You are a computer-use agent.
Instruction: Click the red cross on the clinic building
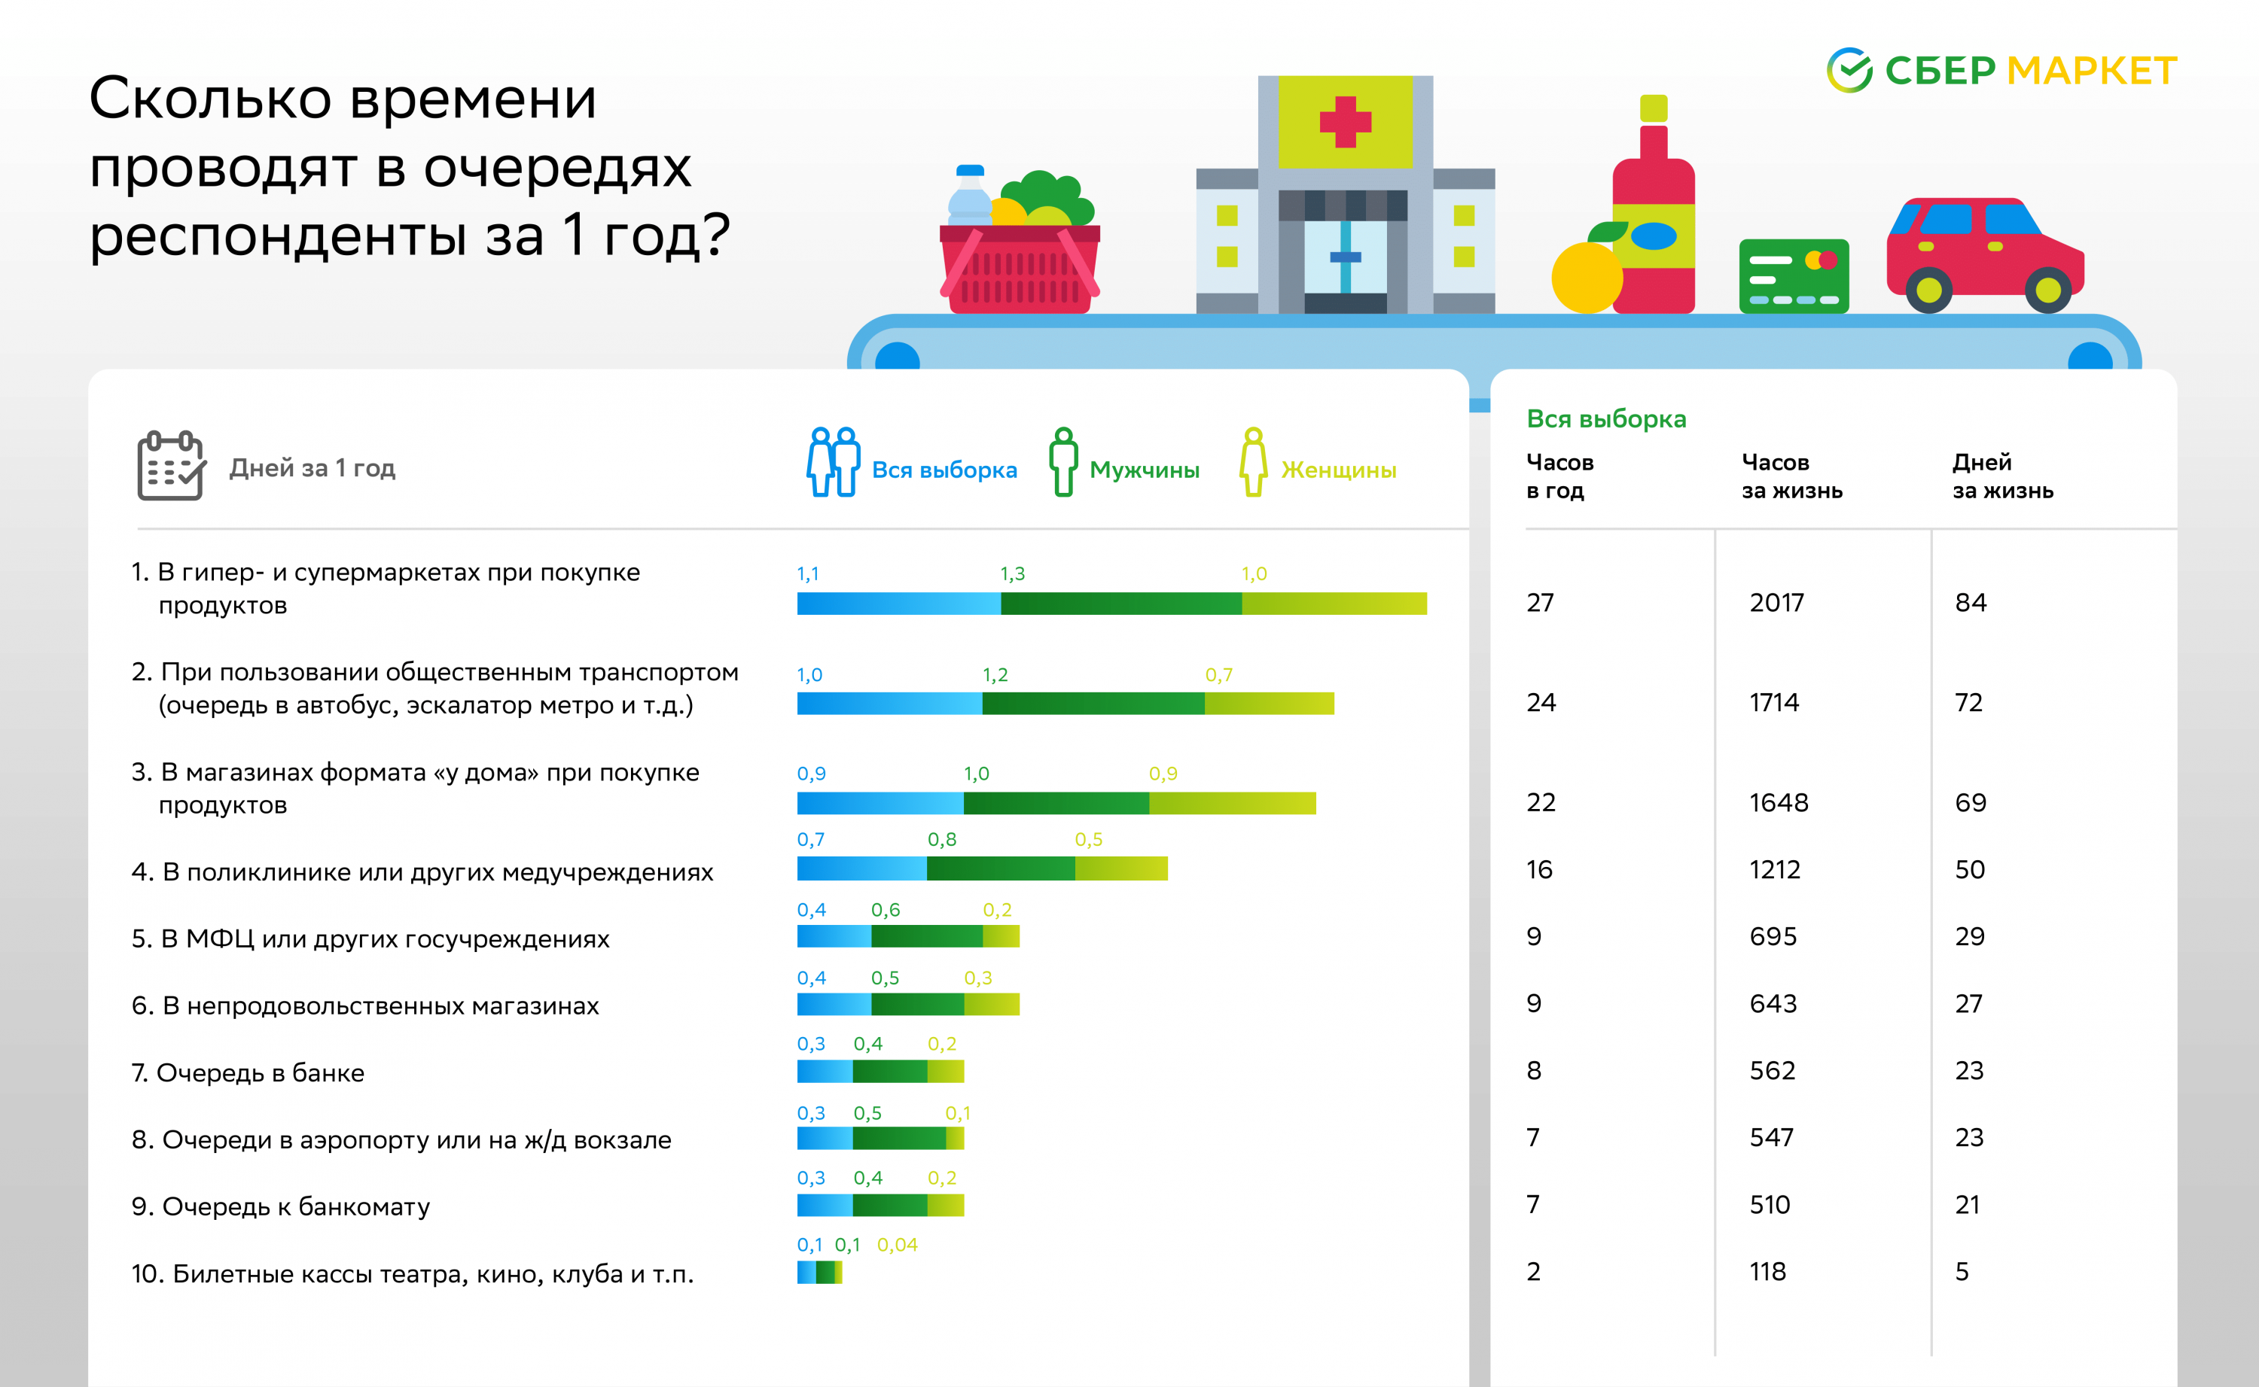[x=1345, y=121]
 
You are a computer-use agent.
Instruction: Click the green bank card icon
[x=1793, y=276]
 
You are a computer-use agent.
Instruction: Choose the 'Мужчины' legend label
[x=1144, y=470]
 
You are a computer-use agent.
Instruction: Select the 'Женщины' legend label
[x=1338, y=470]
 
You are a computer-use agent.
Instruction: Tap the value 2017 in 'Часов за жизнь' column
[x=1776, y=603]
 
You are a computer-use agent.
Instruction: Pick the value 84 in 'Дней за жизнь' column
[x=1970, y=603]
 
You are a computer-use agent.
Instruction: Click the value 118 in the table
[x=1767, y=1271]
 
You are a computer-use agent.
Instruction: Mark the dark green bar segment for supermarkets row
[x=1120, y=604]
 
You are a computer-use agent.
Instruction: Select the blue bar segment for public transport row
[x=889, y=704]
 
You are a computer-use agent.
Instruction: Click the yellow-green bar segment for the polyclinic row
[x=1120, y=868]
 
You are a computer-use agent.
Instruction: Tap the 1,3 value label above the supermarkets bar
[x=1012, y=574]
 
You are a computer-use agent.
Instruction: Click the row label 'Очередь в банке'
[x=260, y=1072]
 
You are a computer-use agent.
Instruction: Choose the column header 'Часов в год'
[x=1559, y=476]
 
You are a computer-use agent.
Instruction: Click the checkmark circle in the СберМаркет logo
[x=1849, y=71]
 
